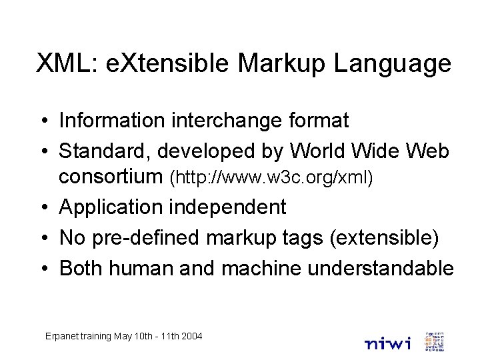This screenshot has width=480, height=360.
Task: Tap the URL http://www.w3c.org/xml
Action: coord(273,178)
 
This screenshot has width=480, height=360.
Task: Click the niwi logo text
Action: coord(388,343)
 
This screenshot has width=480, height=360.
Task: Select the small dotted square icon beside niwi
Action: coord(434,341)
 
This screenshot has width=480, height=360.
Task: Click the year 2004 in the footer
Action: coord(191,336)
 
